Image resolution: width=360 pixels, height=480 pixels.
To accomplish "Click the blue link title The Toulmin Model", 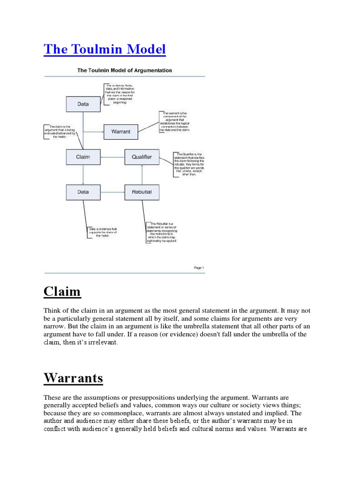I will [105, 49].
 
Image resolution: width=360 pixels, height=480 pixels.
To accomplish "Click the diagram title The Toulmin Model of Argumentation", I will [125, 70].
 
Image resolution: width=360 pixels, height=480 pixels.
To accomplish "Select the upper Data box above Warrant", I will [83, 104].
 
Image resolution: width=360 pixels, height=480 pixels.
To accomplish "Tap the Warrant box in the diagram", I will [120, 132].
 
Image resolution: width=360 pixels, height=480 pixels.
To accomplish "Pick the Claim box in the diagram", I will [83, 157].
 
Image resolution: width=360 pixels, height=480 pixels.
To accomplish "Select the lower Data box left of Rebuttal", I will [83, 192].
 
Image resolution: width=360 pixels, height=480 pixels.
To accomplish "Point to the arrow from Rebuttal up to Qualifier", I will [142, 175].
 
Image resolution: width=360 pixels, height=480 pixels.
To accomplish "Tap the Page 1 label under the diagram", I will [199, 268].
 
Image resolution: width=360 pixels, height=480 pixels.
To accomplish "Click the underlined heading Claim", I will [62, 292].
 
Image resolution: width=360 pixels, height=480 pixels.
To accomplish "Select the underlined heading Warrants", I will [73, 378].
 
